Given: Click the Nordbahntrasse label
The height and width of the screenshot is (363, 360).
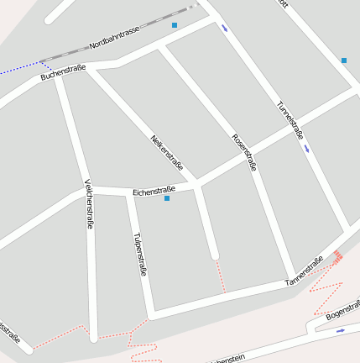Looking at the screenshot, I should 114,37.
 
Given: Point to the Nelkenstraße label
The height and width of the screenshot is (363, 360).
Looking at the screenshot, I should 166,153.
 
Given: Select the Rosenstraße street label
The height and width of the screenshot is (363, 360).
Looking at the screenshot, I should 244,151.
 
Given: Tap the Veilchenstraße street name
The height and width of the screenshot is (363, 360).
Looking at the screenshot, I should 89,204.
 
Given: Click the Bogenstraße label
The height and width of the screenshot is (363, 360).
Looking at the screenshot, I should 342,308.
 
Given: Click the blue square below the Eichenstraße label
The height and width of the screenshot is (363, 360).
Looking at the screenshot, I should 167,199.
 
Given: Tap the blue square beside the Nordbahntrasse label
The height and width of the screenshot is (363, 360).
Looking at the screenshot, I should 175,25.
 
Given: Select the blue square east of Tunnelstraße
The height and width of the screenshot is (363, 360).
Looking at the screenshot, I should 344,60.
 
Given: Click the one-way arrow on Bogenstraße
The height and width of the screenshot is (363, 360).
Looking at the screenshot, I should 340,331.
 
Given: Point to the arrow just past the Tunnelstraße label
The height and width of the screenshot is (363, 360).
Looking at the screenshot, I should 307,149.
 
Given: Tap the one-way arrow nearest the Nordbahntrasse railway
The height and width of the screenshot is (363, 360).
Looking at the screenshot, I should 224,29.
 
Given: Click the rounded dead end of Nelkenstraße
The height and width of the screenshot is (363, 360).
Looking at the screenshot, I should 214,254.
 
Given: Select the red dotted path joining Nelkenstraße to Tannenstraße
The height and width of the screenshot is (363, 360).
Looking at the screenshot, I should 221,276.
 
